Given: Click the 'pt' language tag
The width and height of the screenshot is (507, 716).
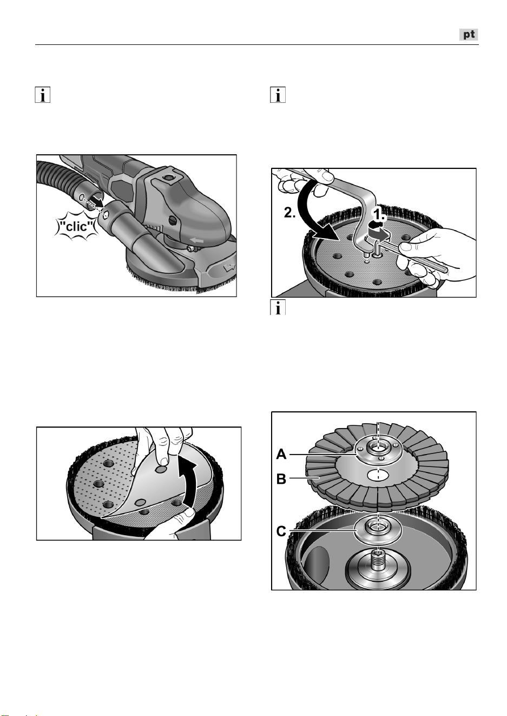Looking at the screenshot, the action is [469, 35].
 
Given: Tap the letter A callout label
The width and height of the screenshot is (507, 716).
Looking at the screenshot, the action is [281, 454].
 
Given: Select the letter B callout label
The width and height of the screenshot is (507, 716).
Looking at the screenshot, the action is [281, 479].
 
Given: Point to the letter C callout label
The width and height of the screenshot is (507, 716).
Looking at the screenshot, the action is [281, 531].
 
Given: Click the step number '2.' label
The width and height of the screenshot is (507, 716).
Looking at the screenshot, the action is [289, 213].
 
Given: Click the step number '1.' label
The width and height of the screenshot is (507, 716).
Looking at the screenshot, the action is [380, 215].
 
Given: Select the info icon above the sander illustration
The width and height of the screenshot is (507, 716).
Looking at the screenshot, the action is [43, 95].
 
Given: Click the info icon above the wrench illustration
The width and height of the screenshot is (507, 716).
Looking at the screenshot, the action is [278, 95].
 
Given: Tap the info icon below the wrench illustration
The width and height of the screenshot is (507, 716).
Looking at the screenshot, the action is [278, 307].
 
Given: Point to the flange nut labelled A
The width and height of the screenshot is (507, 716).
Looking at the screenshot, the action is [378, 451].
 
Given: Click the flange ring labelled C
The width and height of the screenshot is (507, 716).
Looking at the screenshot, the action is [378, 529].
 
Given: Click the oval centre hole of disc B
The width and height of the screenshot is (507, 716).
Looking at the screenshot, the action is [378, 475].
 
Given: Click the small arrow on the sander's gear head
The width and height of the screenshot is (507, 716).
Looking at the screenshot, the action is [196, 240].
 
